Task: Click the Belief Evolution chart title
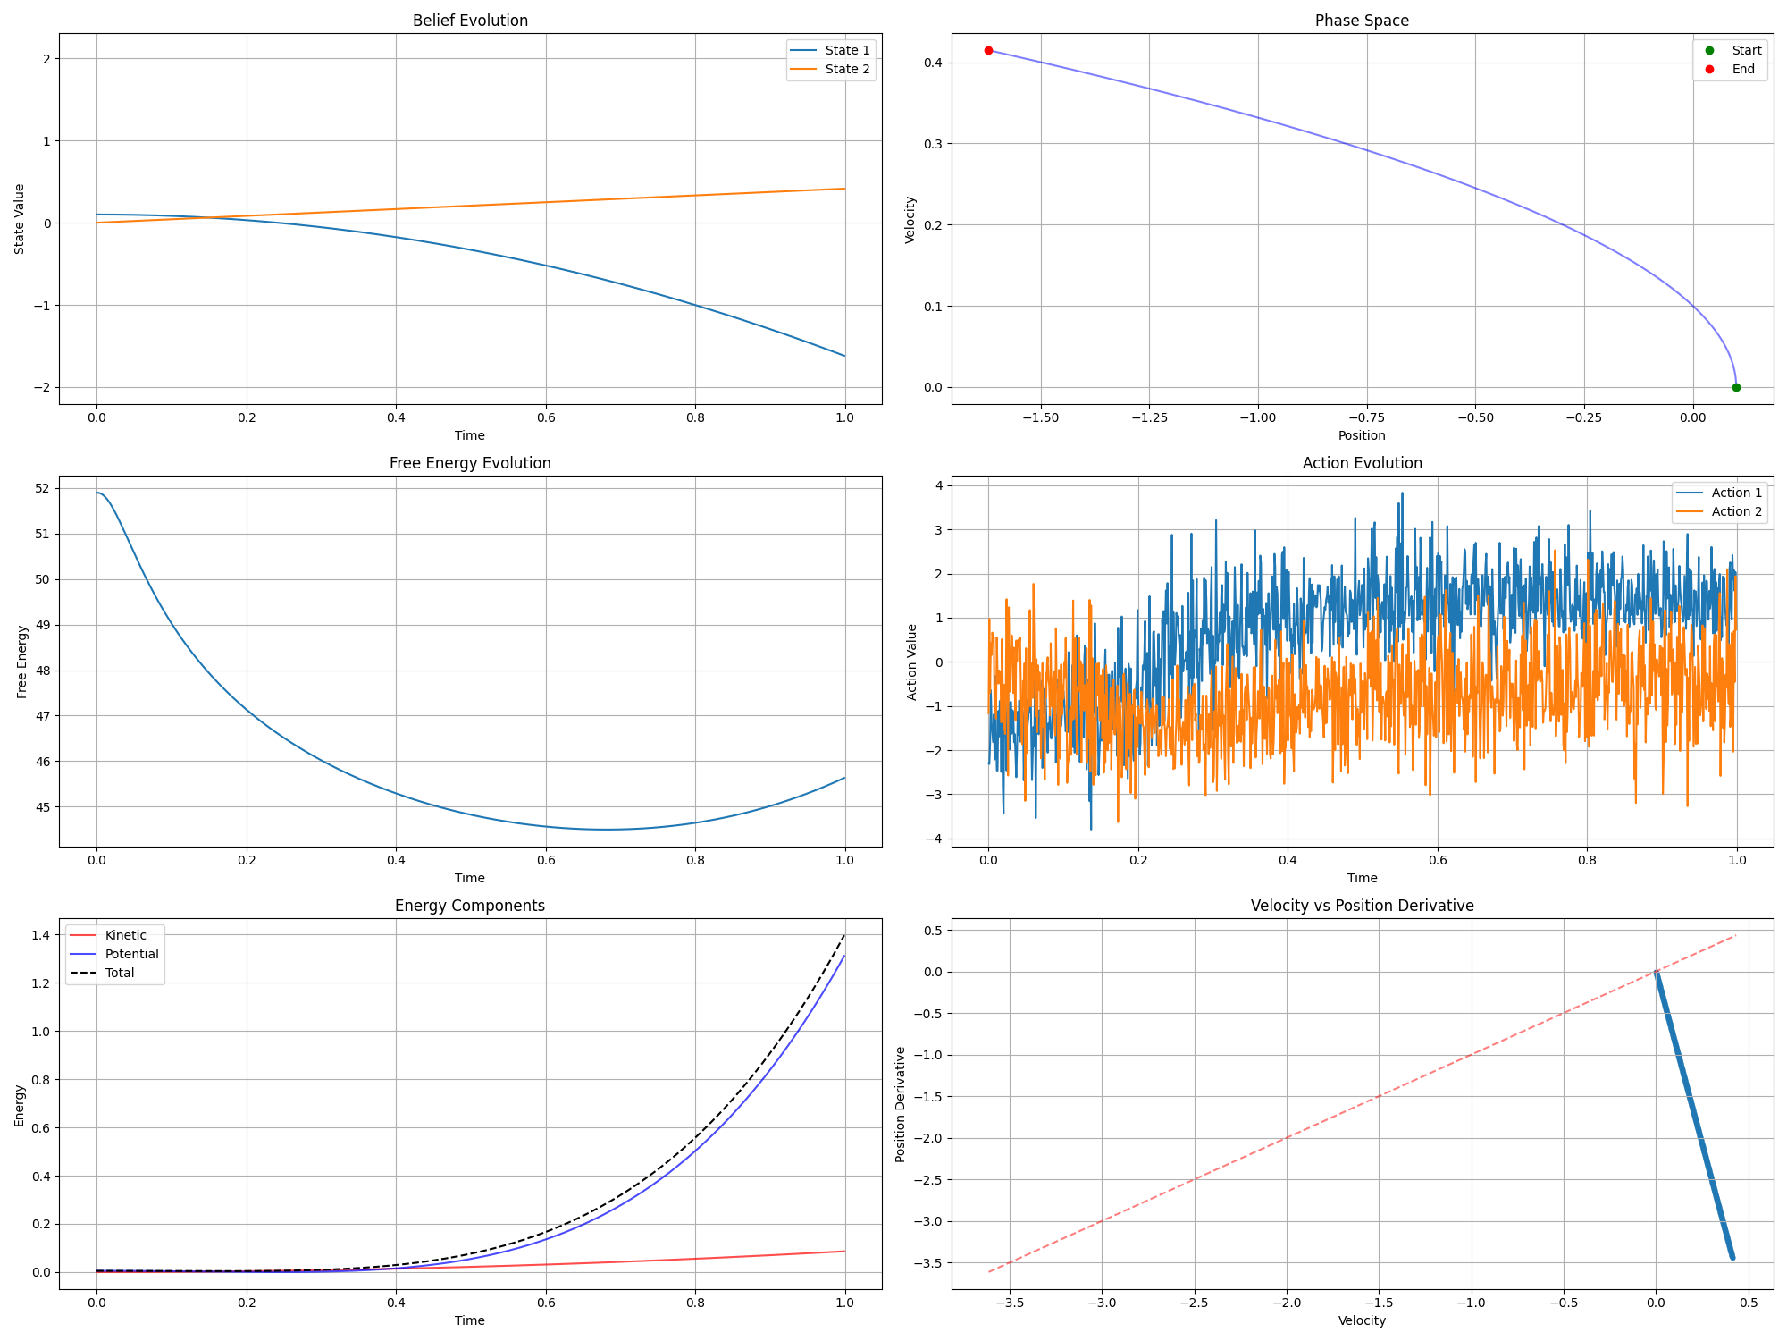tap(470, 21)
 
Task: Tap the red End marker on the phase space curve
tap(988, 51)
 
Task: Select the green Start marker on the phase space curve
tap(1736, 387)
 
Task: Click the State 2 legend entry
tap(846, 69)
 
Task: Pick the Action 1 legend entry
tap(1736, 493)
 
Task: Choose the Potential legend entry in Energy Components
tap(131, 954)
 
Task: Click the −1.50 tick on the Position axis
tap(1040, 417)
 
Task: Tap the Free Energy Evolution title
tap(470, 463)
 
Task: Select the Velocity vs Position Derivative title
tap(1362, 906)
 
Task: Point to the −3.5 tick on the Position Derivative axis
tap(928, 1262)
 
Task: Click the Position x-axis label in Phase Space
tap(1362, 435)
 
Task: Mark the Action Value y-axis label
tap(911, 662)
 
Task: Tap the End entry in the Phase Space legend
tap(1742, 69)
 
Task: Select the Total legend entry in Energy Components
tap(120, 973)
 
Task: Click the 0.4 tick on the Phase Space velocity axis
tap(933, 63)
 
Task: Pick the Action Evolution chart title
tap(1362, 463)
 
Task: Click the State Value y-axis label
tap(20, 219)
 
